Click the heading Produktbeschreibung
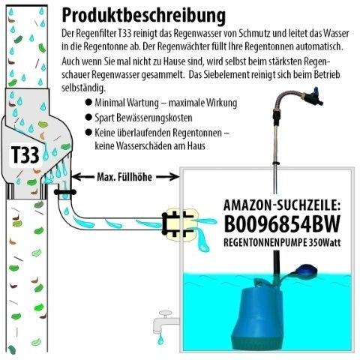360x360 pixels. pos(144,16)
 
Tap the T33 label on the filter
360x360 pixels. pos(25,155)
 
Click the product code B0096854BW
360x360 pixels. pos(282,224)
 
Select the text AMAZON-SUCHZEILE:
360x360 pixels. pos(282,205)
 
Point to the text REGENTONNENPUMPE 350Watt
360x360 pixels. pos(282,242)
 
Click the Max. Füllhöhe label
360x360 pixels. pos(124,177)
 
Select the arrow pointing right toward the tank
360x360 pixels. pos(167,177)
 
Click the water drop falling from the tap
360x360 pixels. pos(160,339)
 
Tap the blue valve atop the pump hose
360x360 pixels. pos(313,96)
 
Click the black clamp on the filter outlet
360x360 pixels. pos(65,192)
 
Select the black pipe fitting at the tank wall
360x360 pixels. pos(178,223)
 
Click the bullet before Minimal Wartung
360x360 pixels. pos(88,103)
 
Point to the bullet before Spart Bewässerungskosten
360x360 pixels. pos(88,118)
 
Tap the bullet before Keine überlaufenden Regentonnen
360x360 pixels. pos(88,132)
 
